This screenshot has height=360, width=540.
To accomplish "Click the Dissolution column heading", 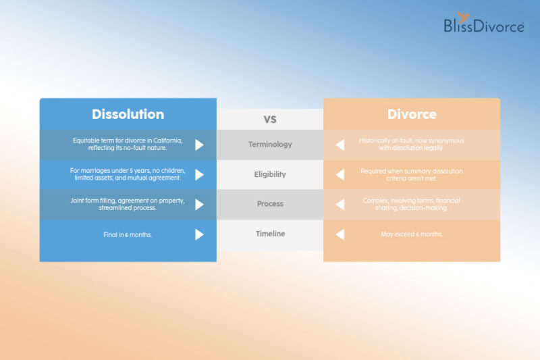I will click(x=128, y=114).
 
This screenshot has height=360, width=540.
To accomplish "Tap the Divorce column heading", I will click(x=412, y=114).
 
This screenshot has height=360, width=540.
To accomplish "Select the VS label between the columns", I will click(x=270, y=119).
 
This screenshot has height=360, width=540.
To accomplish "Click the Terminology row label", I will click(x=270, y=145).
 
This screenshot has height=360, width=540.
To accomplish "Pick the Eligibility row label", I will click(x=270, y=174).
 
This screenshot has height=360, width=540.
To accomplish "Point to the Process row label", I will click(x=270, y=204).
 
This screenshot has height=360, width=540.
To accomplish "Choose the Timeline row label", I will click(x=270, y=234).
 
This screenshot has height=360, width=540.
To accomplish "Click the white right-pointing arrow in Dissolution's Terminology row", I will click(x=199, y=145).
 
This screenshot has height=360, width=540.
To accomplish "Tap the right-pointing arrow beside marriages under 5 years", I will click(x=199, y=174).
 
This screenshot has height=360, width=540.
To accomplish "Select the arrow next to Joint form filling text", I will click(x=199, y=204).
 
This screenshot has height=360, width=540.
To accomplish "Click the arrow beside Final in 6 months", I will click(x=199, y=234).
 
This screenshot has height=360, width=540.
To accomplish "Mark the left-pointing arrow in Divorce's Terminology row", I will click(x=340, y=145).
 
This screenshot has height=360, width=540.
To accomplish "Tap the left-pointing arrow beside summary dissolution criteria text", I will click(x=340, y=174).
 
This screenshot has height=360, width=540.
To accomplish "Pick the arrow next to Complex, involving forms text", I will click(x=340, y=204).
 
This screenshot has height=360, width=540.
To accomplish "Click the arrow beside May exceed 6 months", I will click(x=340, y=234).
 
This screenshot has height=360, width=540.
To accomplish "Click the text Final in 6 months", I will click(x=128, y=234).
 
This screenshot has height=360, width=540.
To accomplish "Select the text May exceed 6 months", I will click(x=412, y=234).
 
